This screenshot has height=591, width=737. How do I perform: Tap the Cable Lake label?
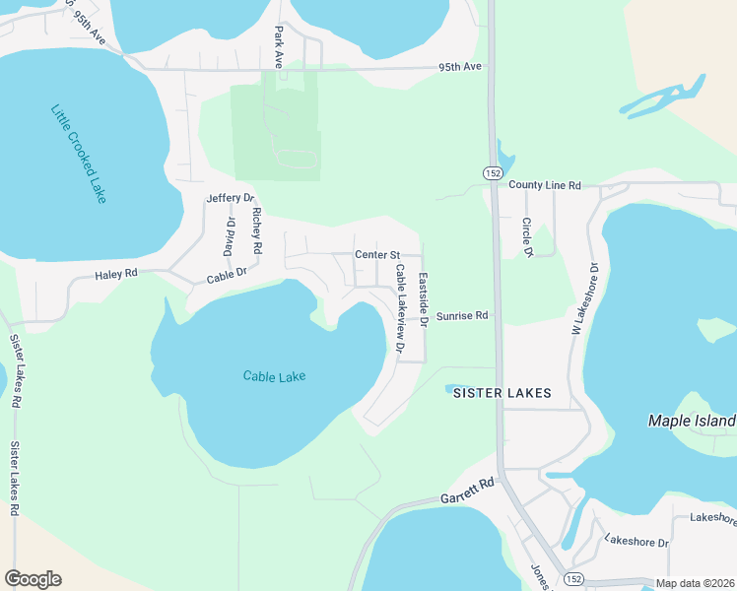274,375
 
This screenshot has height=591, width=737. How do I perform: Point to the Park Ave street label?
279,46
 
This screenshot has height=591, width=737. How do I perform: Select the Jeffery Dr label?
230,198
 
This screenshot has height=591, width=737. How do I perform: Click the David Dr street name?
231,236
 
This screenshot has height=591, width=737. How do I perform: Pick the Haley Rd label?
116,275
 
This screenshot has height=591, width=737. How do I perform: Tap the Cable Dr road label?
227,277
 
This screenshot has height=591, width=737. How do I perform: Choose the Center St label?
375,254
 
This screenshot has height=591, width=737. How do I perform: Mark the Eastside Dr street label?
423,299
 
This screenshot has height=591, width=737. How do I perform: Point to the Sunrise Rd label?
462,316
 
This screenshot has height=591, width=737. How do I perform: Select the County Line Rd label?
545,184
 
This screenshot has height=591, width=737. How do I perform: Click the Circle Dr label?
527,237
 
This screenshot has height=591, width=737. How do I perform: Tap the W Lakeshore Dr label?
584,299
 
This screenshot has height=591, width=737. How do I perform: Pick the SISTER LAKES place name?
502,392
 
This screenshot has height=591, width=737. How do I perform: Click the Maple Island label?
692,421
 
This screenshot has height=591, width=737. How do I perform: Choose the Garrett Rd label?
467,490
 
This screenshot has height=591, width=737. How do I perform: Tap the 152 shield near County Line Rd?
493,172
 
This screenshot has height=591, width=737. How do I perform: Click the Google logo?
33,579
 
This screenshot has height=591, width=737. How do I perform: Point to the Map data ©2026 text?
695,583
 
